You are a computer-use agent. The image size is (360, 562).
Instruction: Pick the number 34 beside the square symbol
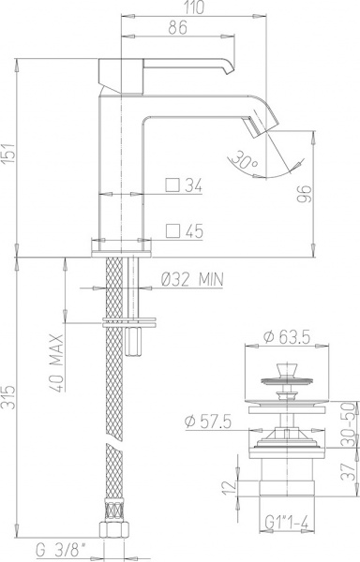tap(194, 186)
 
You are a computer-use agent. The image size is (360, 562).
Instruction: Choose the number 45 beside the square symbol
tap(194, 230)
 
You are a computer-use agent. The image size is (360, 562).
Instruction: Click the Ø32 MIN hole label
tap(192, 278)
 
